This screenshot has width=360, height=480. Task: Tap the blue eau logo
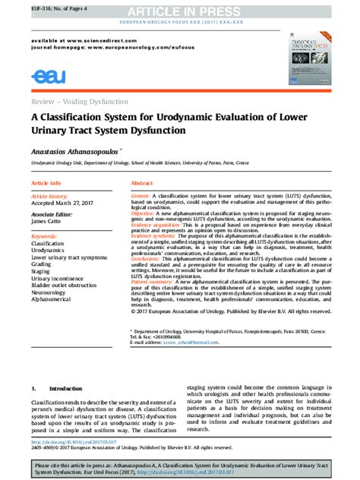pyautogui.click(x=49, y=75)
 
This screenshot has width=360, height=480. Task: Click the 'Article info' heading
pyautogui.click(x=46, y=184)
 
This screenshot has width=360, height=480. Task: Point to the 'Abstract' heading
pyautogui.click(x=142, y=184)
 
